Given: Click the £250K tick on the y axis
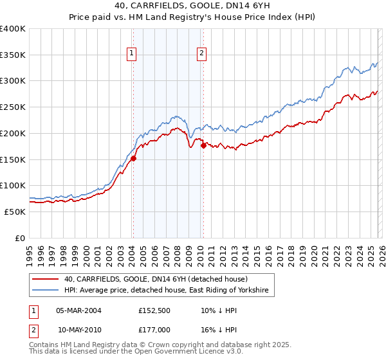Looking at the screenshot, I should pyautogui.click(x=13, y=107).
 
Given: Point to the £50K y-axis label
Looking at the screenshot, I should pyautogui.click(x=15, y=212).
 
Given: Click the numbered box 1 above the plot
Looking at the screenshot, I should pyautogui.click(x=132, y=54).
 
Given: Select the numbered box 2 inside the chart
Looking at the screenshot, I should pyautogui.click(x=202, y=54).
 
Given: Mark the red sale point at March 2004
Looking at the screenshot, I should pyautogui.click(x=133, y=158).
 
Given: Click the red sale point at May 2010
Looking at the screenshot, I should pyautogui.click(x=203, y=145).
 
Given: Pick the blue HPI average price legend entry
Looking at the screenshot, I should pyautogui.click(x=167, y=291).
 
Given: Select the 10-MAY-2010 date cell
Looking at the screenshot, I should pyautogui.click(x=80, y=329).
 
